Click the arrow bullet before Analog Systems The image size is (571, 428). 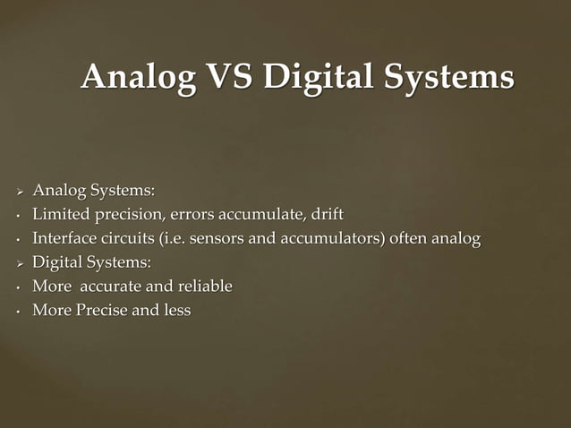(18, 191)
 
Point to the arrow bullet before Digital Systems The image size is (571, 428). (18, 263)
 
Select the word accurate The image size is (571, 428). (111, 287)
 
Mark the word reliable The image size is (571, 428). (203, 287)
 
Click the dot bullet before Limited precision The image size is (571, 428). (17, 216)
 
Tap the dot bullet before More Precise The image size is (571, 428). (17, 312)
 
